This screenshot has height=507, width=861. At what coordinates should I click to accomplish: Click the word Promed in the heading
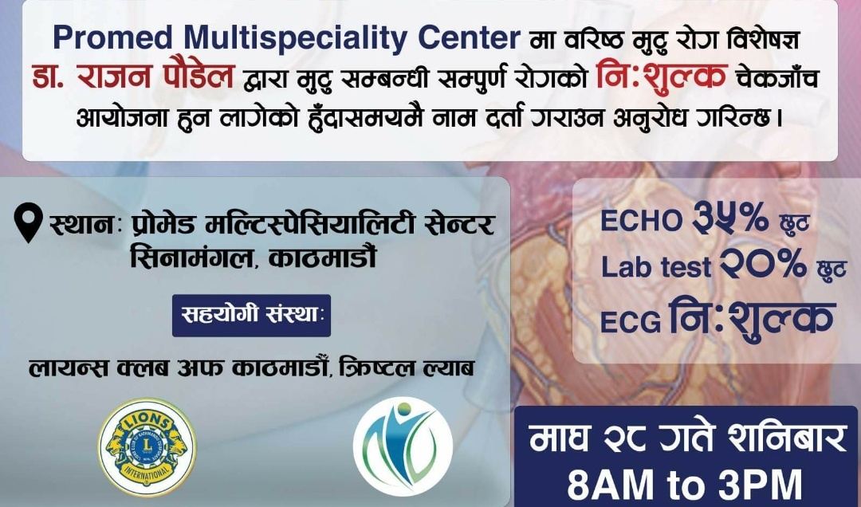pos(112,38)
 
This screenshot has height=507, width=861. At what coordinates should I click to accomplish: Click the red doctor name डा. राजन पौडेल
pos(133,76)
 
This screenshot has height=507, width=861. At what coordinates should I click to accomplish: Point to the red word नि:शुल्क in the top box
pos(662,77)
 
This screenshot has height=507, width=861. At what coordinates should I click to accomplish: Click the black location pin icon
pos(29,222)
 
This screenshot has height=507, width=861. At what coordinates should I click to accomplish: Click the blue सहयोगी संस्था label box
pos(251,316)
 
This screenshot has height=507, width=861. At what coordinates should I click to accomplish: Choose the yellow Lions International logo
pos(147,447)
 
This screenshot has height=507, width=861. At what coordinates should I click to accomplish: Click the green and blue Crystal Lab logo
pos(403,446)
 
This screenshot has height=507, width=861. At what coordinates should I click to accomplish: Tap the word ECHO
pos(641,221)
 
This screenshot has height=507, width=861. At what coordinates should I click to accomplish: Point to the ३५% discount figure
pos(730,218)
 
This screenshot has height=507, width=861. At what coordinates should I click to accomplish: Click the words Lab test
pos(656,268)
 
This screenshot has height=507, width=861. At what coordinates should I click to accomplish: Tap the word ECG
pos(631,322)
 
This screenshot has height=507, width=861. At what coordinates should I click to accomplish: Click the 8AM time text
pos(610,485)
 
